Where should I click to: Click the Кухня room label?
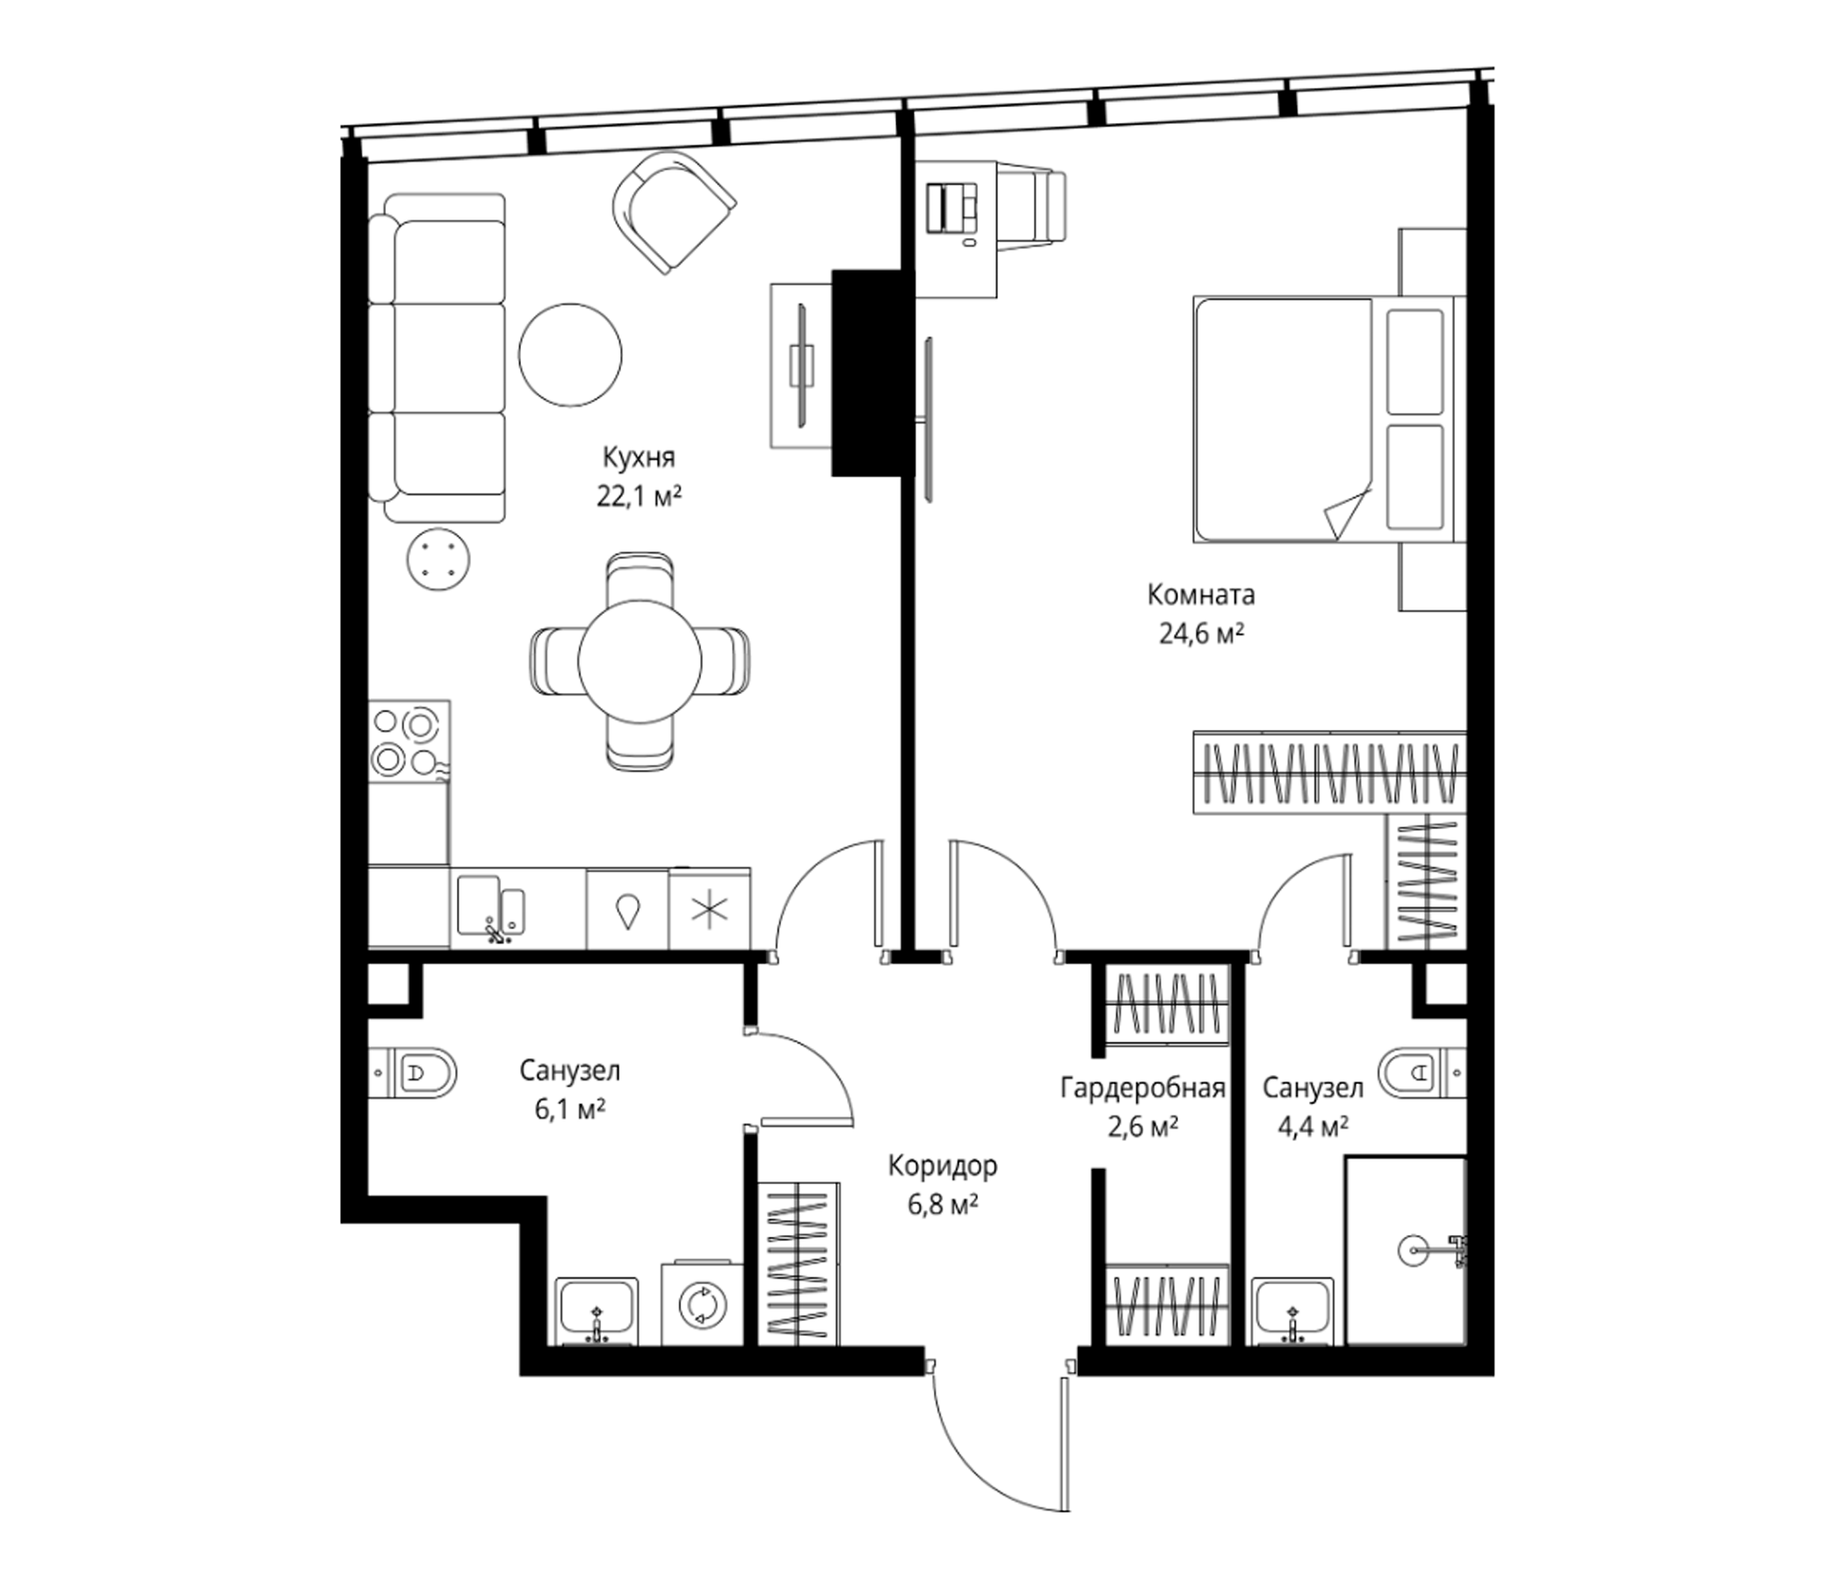[639, 458]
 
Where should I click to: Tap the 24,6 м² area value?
[1201, 634]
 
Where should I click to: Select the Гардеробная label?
[1142, 1088]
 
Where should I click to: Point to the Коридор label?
[943, 1166]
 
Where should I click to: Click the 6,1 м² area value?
[570, 1110]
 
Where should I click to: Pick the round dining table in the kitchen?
[640, 662]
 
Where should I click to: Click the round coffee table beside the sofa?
[571, 355]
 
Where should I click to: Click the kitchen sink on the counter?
[490, 907]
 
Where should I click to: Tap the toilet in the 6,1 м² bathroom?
[412, 1072]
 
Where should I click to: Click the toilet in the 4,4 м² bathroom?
[1422, 1073]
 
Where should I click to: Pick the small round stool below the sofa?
[438, 560]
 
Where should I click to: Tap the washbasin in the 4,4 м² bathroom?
[1293, 1312]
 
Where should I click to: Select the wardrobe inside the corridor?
[798, 1262]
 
